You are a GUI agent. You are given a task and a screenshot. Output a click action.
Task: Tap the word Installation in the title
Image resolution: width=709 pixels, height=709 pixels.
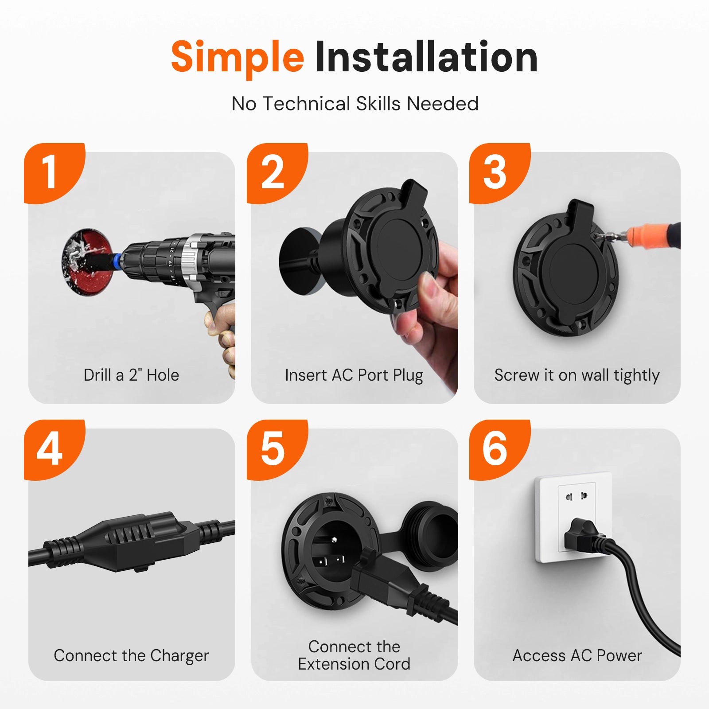[x=426, y=56]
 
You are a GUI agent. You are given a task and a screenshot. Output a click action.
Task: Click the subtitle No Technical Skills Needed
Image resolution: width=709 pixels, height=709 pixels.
[x=355, y=104]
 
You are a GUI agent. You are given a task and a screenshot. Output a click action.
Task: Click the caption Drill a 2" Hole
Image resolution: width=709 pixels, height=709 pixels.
[x=132, y=375]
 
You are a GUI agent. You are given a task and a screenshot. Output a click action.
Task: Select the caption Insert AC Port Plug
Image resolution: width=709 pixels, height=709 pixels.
[x=354, y=376]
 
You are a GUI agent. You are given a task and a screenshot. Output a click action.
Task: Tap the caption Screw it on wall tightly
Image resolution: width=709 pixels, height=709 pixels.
[x=577, y=376]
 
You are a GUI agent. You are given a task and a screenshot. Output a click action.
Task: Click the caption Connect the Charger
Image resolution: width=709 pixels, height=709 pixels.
[x=131, y=656]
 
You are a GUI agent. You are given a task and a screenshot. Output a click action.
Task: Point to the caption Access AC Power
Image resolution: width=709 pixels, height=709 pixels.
[x=577, y=655]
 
